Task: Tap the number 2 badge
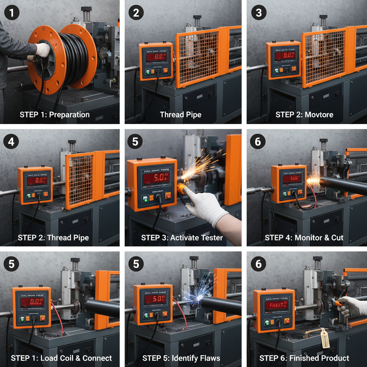[136, 13]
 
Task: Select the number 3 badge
[259, 13]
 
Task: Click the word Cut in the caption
[337, 238]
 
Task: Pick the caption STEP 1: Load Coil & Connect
[61, 358]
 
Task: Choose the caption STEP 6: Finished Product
[304, 358]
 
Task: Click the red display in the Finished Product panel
[278, 305]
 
